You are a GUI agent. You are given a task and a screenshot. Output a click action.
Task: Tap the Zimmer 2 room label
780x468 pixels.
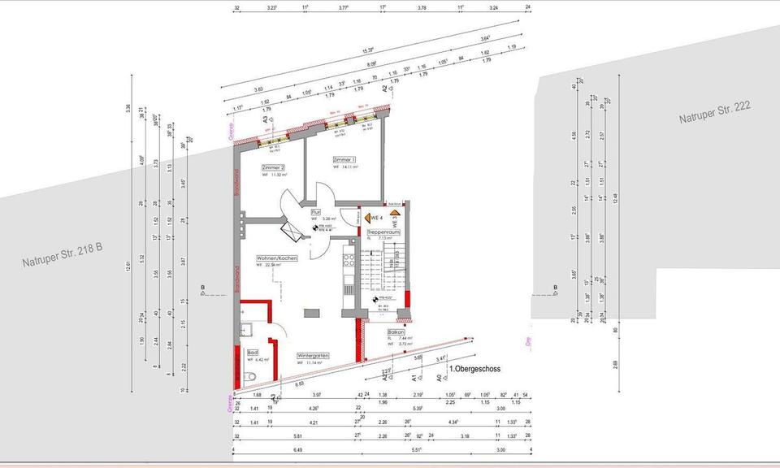274,167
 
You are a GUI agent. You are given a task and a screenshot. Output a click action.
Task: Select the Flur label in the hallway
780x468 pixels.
314,210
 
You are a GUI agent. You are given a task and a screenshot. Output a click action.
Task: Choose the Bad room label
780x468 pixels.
253,353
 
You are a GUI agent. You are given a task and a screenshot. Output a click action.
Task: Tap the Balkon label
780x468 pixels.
396,333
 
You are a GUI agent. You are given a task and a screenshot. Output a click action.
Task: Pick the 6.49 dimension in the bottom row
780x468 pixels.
297,449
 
